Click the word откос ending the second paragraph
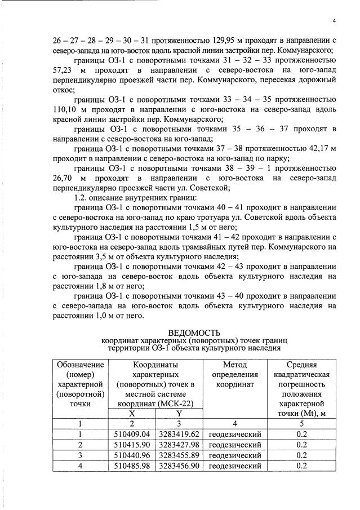pos(63,88)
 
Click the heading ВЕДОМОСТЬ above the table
pos(194,333)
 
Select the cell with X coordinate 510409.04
pos(132,434)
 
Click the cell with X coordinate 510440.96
pos(132,455)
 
